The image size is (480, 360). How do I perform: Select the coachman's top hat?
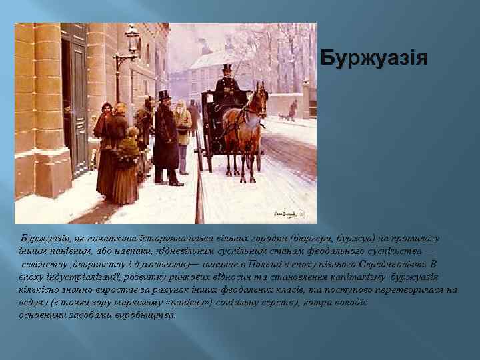227,68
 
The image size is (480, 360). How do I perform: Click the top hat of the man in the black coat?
164,96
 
